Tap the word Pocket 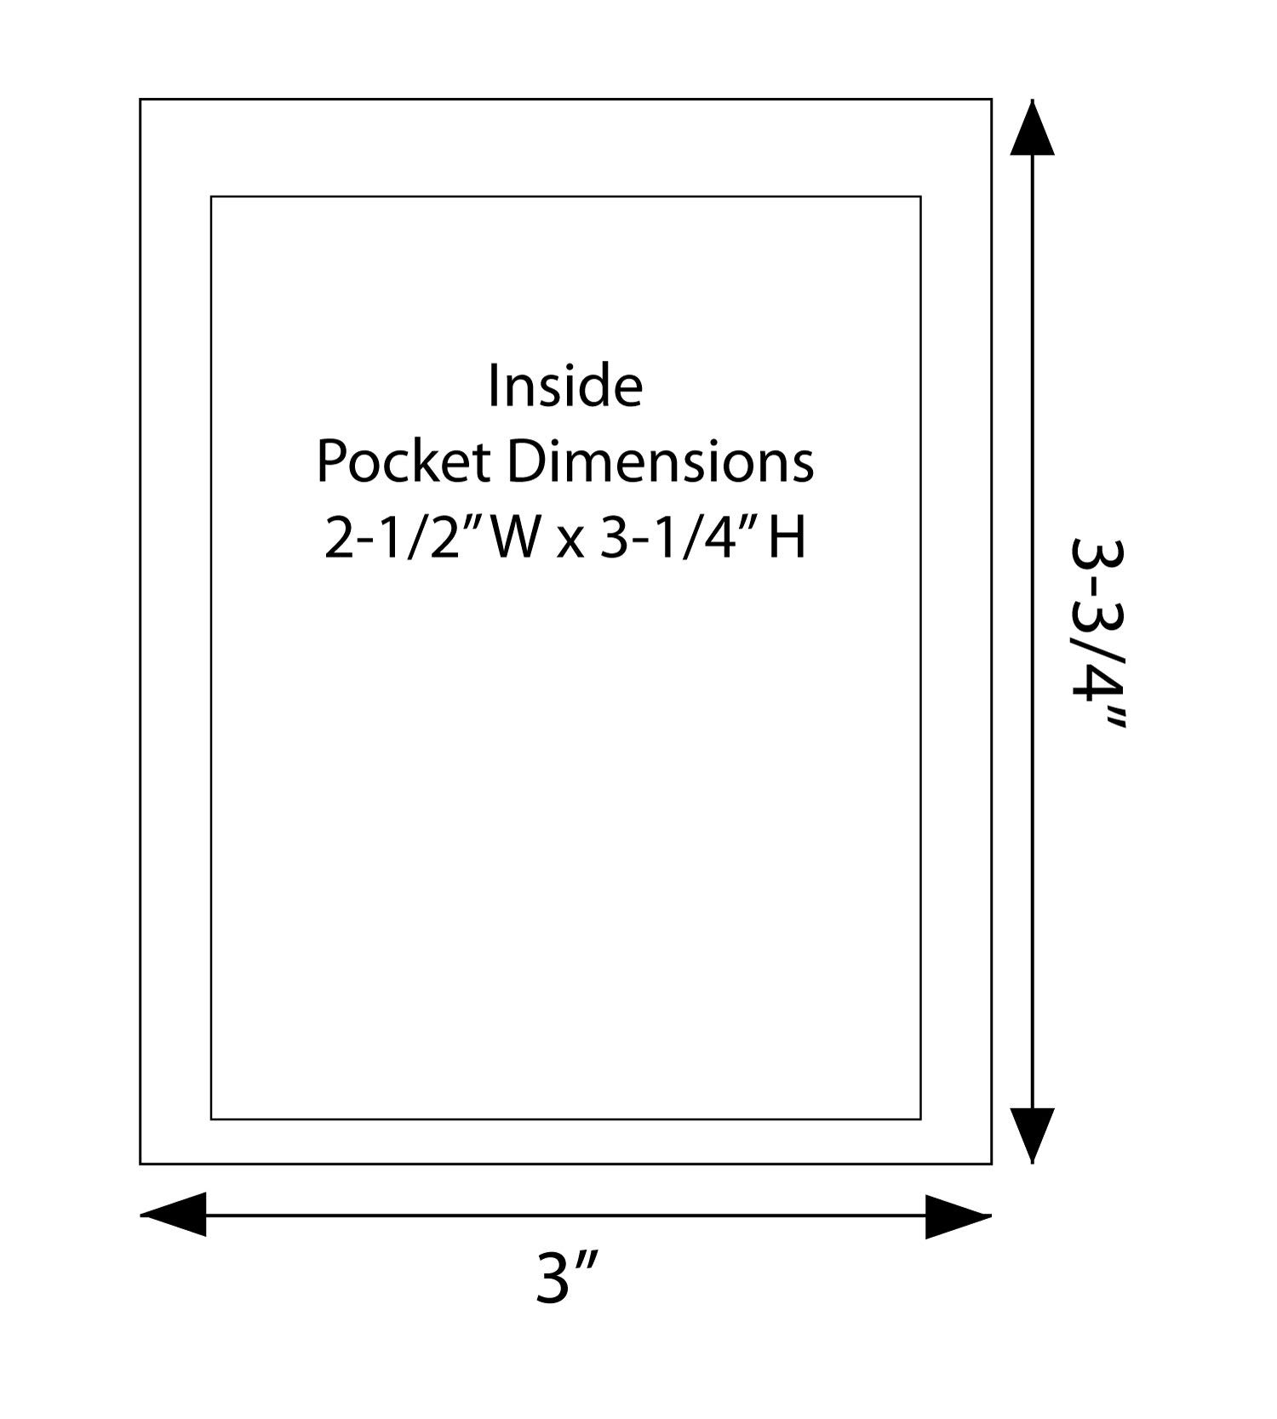(x=404, y=464)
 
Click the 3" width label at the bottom (x=566, y=1277)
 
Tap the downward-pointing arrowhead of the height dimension (x=1033, y=1134)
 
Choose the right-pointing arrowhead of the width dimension (x=958, y=1216)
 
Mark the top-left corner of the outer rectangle (x=140, y=100)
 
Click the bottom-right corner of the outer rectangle (x=991, y=1164)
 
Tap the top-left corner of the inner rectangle (x=211, y=197)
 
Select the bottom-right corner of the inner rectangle (x=920, y=1119)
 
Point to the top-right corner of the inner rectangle (x=920, y=197)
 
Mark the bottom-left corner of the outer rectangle (x=140, y=1164)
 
